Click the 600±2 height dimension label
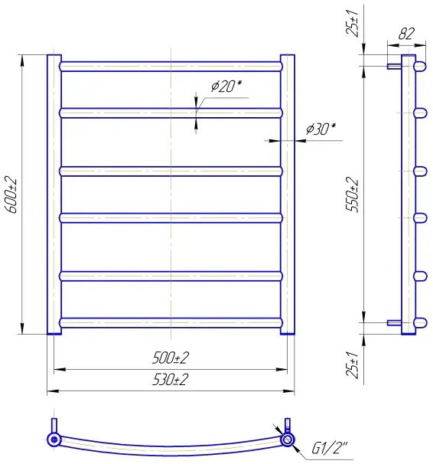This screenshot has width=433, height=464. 11,195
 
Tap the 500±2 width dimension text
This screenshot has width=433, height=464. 171,358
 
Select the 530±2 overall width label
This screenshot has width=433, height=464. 171,380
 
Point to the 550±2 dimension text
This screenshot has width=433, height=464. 352,194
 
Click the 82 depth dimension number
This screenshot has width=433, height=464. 406,34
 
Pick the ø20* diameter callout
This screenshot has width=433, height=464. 226,86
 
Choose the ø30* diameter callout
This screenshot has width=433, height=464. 321,129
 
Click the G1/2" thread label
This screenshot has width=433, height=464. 330,449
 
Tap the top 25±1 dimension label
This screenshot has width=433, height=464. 352,23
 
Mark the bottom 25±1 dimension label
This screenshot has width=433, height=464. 352,365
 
